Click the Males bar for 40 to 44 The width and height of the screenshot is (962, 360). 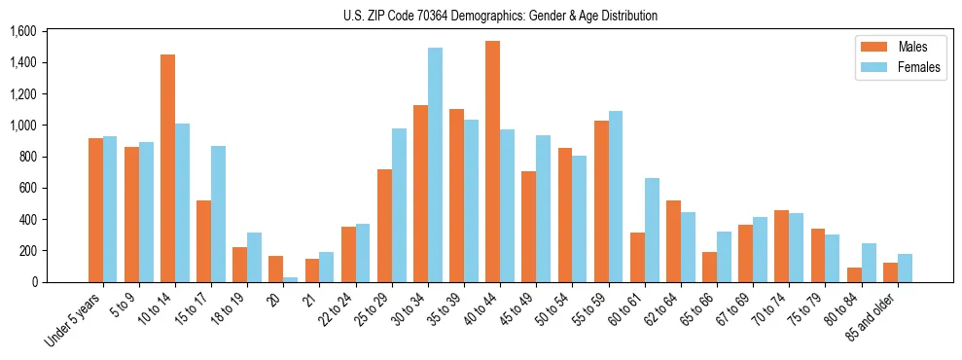click(493, 162)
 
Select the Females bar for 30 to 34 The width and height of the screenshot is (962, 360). click(436, 165)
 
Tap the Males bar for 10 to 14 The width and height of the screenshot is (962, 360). click(168, 168)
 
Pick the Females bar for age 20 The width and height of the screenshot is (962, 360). click(291, 279)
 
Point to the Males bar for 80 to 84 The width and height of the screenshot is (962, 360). click(854, 274)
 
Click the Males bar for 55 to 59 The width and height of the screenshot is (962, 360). click(601, 201)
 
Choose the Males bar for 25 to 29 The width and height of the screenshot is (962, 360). click(384, 226)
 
